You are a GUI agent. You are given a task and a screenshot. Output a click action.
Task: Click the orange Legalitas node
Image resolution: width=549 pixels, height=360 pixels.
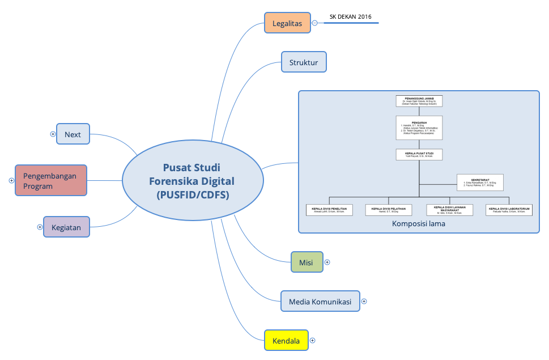287,23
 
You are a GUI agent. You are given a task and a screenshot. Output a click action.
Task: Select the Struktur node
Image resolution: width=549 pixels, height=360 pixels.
304,62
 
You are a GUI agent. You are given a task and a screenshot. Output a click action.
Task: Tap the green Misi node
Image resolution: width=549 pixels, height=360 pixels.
306,262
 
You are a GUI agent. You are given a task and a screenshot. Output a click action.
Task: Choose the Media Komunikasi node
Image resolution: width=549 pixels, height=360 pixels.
320,302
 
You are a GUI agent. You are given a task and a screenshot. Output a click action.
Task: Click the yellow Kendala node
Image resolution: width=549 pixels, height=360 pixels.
286,341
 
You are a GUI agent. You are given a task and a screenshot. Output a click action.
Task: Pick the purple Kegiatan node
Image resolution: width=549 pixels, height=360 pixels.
66,227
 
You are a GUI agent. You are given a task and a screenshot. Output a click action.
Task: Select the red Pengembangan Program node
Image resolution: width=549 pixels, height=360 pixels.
51,181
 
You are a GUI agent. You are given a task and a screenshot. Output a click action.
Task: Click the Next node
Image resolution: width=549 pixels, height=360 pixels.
73,134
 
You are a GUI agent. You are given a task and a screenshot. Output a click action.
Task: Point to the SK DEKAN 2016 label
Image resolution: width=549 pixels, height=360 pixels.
351,17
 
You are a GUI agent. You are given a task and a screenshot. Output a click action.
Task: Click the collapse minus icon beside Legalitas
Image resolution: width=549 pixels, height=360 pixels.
315,23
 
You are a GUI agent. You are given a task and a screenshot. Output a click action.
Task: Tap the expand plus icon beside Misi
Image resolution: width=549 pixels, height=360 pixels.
327,262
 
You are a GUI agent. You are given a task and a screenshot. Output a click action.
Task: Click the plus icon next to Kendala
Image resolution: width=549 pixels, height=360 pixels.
312,341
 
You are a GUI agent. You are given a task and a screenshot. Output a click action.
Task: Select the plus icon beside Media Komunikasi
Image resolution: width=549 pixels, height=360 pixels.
364,302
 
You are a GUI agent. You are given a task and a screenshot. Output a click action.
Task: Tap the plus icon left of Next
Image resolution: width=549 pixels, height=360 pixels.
53,134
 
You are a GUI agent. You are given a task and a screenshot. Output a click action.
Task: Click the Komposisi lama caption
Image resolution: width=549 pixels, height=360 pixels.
419,224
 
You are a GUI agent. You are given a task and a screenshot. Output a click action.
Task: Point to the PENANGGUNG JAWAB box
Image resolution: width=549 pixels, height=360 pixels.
419,101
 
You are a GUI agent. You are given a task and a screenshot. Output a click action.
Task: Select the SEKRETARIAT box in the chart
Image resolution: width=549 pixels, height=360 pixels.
480,182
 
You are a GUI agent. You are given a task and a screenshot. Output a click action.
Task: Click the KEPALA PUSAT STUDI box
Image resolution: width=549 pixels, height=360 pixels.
419,154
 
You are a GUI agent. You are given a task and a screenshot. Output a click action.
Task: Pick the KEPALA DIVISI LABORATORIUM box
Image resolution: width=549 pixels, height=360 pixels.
509,210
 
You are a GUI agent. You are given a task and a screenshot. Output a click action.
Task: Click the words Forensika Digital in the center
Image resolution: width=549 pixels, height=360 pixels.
191,181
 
